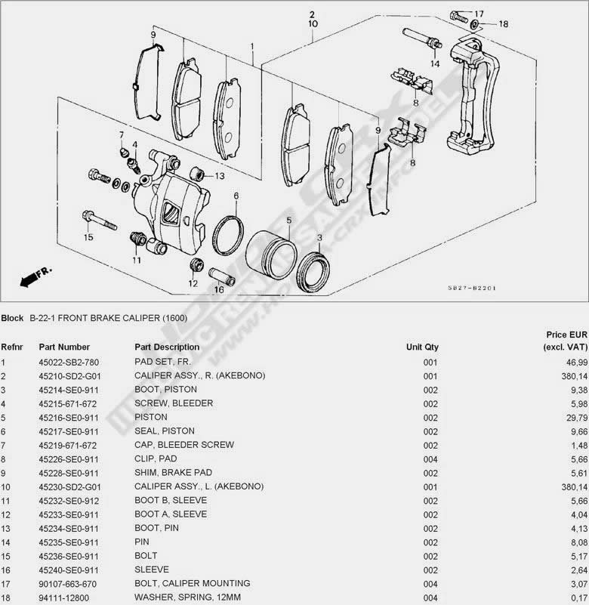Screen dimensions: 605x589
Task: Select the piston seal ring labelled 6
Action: point(227,235)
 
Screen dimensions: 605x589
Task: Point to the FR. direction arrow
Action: point(33,276)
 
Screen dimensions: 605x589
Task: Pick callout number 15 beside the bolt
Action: point(88,237)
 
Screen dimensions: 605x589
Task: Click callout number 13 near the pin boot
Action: point(220,176)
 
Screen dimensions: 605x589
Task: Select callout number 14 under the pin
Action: point(435,63)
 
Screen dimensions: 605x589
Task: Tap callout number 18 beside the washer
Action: point(504,24)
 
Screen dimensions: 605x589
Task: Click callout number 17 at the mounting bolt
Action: point(479,14)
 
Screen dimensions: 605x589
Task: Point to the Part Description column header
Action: point(167,347)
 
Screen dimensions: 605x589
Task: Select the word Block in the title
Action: point(13,318)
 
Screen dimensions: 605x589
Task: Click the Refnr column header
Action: point(13,347)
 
